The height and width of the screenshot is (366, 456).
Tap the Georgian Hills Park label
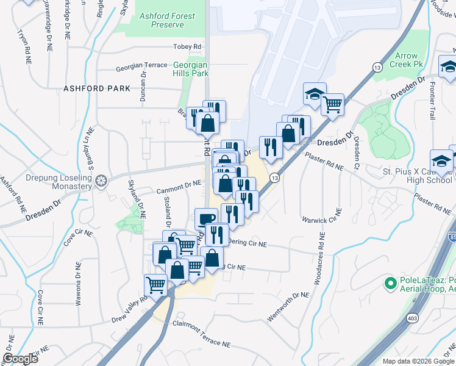coord(190,69)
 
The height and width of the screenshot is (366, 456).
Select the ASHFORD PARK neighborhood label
coord(96,88)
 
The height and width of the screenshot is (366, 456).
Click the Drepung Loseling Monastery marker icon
coord(102,181)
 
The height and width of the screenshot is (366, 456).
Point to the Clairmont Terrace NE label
coord(202,334)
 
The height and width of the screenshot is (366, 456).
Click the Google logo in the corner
coord(20,358)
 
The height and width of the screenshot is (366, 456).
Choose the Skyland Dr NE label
coord(135,199)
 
